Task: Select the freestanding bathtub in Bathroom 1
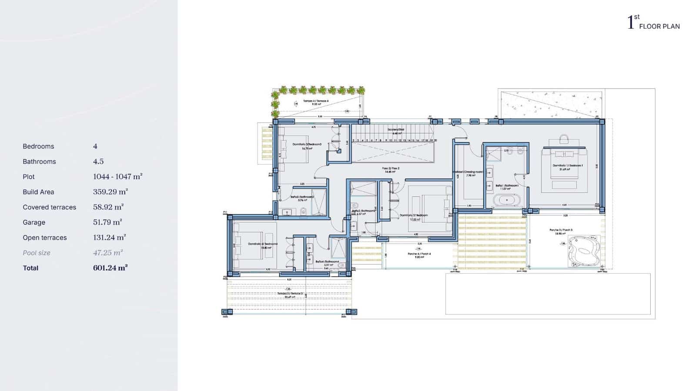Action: (506, 201)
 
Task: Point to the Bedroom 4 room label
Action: (263, 244)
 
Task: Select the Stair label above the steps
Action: (396, 130)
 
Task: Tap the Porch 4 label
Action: (419, 254)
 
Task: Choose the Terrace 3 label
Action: (290, 294)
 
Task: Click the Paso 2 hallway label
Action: (390, 168)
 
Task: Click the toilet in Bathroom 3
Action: (304, 211)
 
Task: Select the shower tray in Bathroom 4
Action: (337, 248)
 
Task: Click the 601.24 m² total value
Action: (110, 268)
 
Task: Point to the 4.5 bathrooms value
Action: (98, 161)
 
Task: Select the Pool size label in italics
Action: (37, 253)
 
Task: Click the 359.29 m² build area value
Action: (110, 192)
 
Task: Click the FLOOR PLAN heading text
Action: (659, 27)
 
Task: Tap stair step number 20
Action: (435, 140)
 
